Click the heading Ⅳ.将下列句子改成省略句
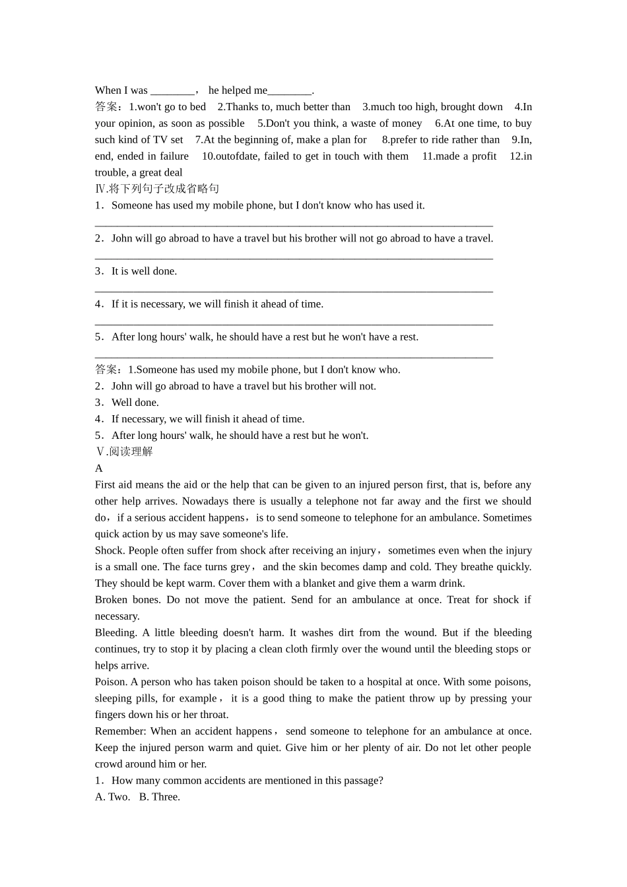(157, 189)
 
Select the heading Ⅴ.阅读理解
(124, 451)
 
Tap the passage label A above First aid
(99, 468)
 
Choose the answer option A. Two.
(112, 797)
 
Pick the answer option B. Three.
(159, 797)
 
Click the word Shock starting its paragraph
(109, 550)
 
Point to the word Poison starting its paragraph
(110, 682)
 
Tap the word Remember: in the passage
(120, 731)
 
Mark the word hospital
(385, 682)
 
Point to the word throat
(213, 715)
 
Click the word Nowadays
(207, 501)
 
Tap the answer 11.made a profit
(459, 156)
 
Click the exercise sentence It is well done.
(144, 271)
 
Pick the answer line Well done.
(135, 403)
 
